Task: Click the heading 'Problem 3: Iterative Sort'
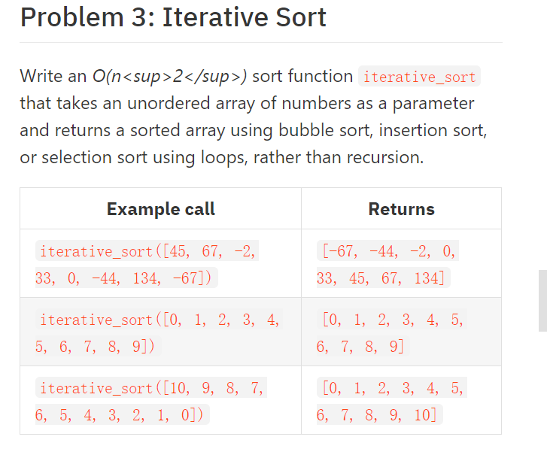click(x=173, y=17)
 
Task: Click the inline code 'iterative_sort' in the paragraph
click(x=420, y=77)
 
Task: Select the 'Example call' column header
click(x=161, y=209)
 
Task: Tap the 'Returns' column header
click(x=401, y=209)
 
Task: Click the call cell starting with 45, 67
click(x=147, y=264)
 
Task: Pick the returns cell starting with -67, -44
click(x=387, y=264)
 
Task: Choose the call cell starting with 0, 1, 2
click(x=158, y=332)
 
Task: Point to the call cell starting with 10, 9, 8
click(x=150, y=401)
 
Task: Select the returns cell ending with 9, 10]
click(x=391, y=401)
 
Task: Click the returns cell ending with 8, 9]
click(x=391, y=332)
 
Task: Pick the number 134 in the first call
click(x=144, y=278)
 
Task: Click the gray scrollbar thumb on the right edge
click(x=542, y=301)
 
